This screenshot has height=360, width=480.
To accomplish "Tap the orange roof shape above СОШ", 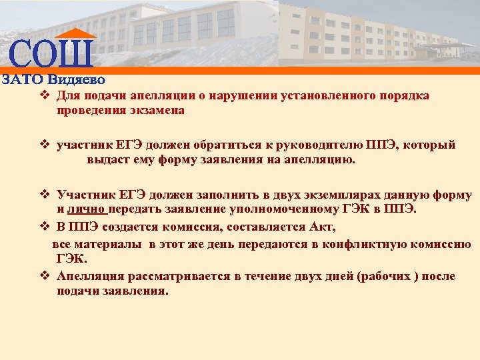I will [x=75, y=34].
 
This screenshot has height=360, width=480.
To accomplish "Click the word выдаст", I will [x=105, y=160].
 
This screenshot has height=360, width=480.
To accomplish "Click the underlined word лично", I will [x=87, y=210].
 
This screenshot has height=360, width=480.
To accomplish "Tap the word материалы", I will [x=111, y=244].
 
